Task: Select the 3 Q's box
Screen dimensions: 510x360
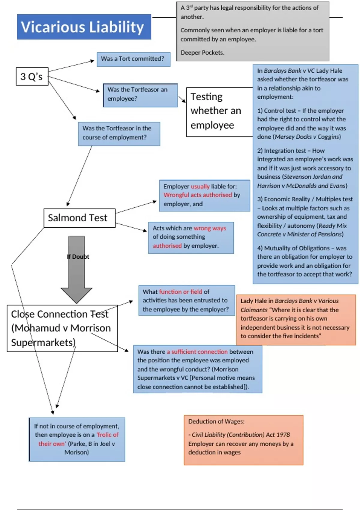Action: (32, 76)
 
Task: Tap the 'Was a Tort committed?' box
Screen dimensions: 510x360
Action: (133, 59)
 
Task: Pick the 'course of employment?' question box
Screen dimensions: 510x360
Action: (119, 134)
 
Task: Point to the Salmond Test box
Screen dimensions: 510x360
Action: (79, 218)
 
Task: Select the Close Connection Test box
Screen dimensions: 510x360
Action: (62, 328)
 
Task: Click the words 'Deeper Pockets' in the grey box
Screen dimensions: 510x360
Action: (202, 52)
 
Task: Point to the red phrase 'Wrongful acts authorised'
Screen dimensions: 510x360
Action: (198, 195)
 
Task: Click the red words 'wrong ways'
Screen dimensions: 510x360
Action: (210, 228)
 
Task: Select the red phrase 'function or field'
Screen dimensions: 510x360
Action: (181, 292)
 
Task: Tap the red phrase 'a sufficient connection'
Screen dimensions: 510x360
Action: (197, 352)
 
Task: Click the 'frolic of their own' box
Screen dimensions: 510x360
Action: (77, 439)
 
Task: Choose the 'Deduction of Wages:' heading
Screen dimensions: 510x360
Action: (216, 421)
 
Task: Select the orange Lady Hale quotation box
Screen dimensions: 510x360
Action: (296, 319)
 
